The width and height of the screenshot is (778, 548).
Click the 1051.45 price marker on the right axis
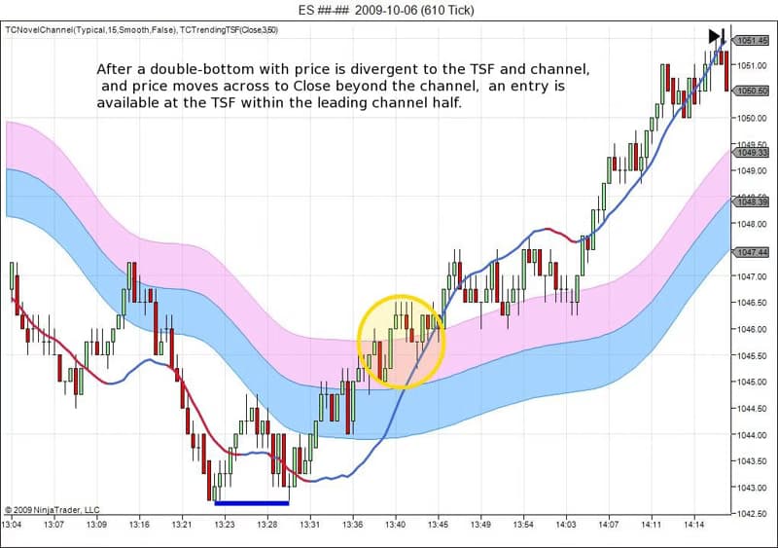753,40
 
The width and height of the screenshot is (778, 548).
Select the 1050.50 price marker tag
753,91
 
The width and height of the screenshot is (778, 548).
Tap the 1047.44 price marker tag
753,252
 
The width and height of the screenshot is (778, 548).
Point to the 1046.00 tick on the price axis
752,329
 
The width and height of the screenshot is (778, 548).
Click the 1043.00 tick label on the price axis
752,488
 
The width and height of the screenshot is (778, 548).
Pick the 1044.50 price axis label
752,408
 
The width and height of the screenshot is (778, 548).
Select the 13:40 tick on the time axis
395,524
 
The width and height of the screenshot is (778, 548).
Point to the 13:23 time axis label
225,524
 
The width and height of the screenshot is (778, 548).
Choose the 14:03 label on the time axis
565,524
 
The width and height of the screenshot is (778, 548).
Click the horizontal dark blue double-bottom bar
252,502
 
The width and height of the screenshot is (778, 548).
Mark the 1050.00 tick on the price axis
752,118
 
